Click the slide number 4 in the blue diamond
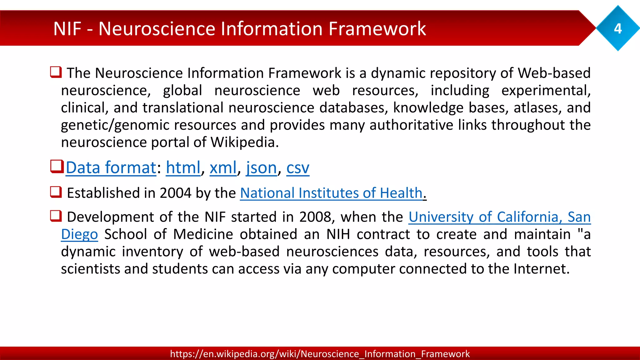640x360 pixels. coord(617,29)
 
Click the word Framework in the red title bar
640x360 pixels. coord(377,29)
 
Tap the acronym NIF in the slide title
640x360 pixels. coord(67,29)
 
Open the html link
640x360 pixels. coord(183,168)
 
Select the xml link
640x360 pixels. coord(223,168)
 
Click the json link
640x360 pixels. coord(261,168)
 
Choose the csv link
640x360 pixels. coord(298,168)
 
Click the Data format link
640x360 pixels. coord(111,168)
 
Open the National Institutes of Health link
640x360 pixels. coord(331,193)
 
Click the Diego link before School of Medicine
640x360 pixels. coord(79,234)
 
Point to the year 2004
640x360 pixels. coord(175,193)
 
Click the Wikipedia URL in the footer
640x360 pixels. coord(320,354)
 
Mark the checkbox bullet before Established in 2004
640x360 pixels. coord(56,192)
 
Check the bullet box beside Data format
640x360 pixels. coord(57,166)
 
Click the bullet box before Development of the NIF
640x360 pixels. coord(56,216)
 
